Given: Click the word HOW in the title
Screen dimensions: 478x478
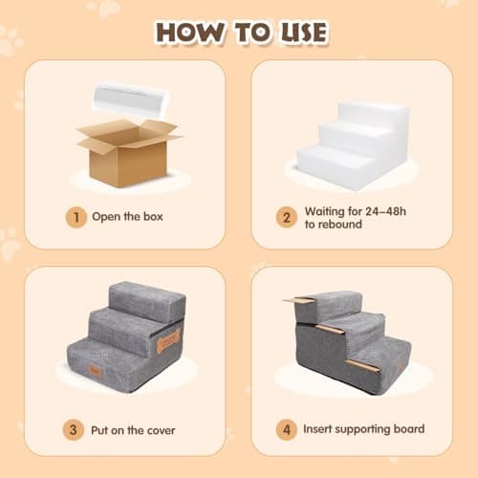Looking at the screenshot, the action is pyautogui.click(x=190, y=33).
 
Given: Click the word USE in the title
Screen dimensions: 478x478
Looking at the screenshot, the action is pyautogui.click(x=304, y=33).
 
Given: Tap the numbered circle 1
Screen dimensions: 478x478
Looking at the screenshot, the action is pyautogui.click(x=76, y=217).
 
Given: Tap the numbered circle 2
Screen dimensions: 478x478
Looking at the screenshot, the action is pyautogui.click(x=287, y=217).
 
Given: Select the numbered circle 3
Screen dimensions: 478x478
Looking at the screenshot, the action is pyautogui.click(x=74, y=430).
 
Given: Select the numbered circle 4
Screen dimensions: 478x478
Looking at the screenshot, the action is pyautogui.click(x=287, y=430).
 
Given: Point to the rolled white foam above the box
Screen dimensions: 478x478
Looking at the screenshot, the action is pyautogui.click(x=131, y=100).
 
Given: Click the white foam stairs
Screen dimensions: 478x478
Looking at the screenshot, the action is pyautogui.click(x=353, y=146).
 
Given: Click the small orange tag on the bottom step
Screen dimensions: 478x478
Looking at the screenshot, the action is pyautogui.click(x=95, y=371).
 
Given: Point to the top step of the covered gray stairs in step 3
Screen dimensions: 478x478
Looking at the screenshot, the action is pyautogui.click(x=147, y=301).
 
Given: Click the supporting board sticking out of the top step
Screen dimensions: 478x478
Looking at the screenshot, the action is pyautogui.click(x=299, y=300).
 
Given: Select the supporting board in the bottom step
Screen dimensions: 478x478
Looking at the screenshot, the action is pyautogui.click(x=363, y=366).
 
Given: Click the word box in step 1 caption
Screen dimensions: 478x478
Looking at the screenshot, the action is pyautogui.click(x=153, y=217).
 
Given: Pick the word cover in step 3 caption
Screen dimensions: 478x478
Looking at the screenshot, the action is pyautogui.click(x=162, y=430).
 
